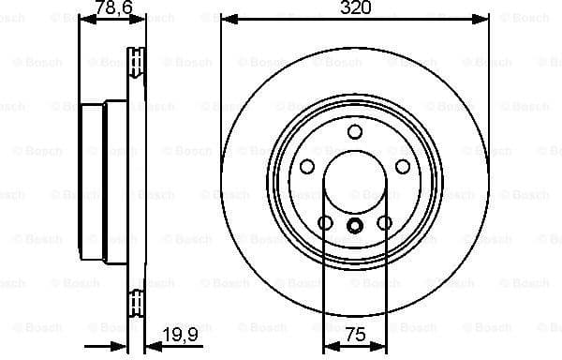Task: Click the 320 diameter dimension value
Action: coord(355,7)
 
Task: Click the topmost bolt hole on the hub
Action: coord(355,131)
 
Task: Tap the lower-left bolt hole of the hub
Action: coord(325,223)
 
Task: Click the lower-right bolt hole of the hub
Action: coord(385,223)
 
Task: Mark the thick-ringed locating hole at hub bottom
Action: coord(355,225)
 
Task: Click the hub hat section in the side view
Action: coord(92,182)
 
